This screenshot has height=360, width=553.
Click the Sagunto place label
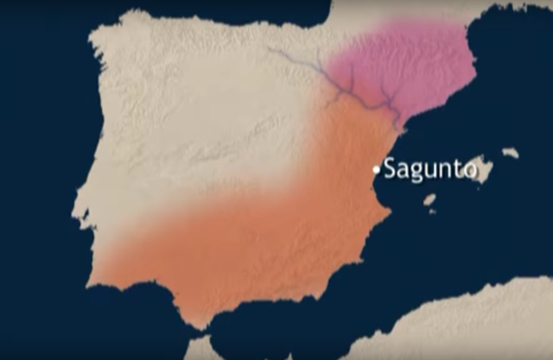pos(429,168)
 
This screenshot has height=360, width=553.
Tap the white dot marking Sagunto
pos(376,169)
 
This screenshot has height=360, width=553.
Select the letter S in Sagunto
pos(391,168)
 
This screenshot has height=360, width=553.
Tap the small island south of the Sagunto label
pos(429,200)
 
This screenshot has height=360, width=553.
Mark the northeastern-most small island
pos(511,153)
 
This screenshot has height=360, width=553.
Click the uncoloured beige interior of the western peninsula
pos(173,129)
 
